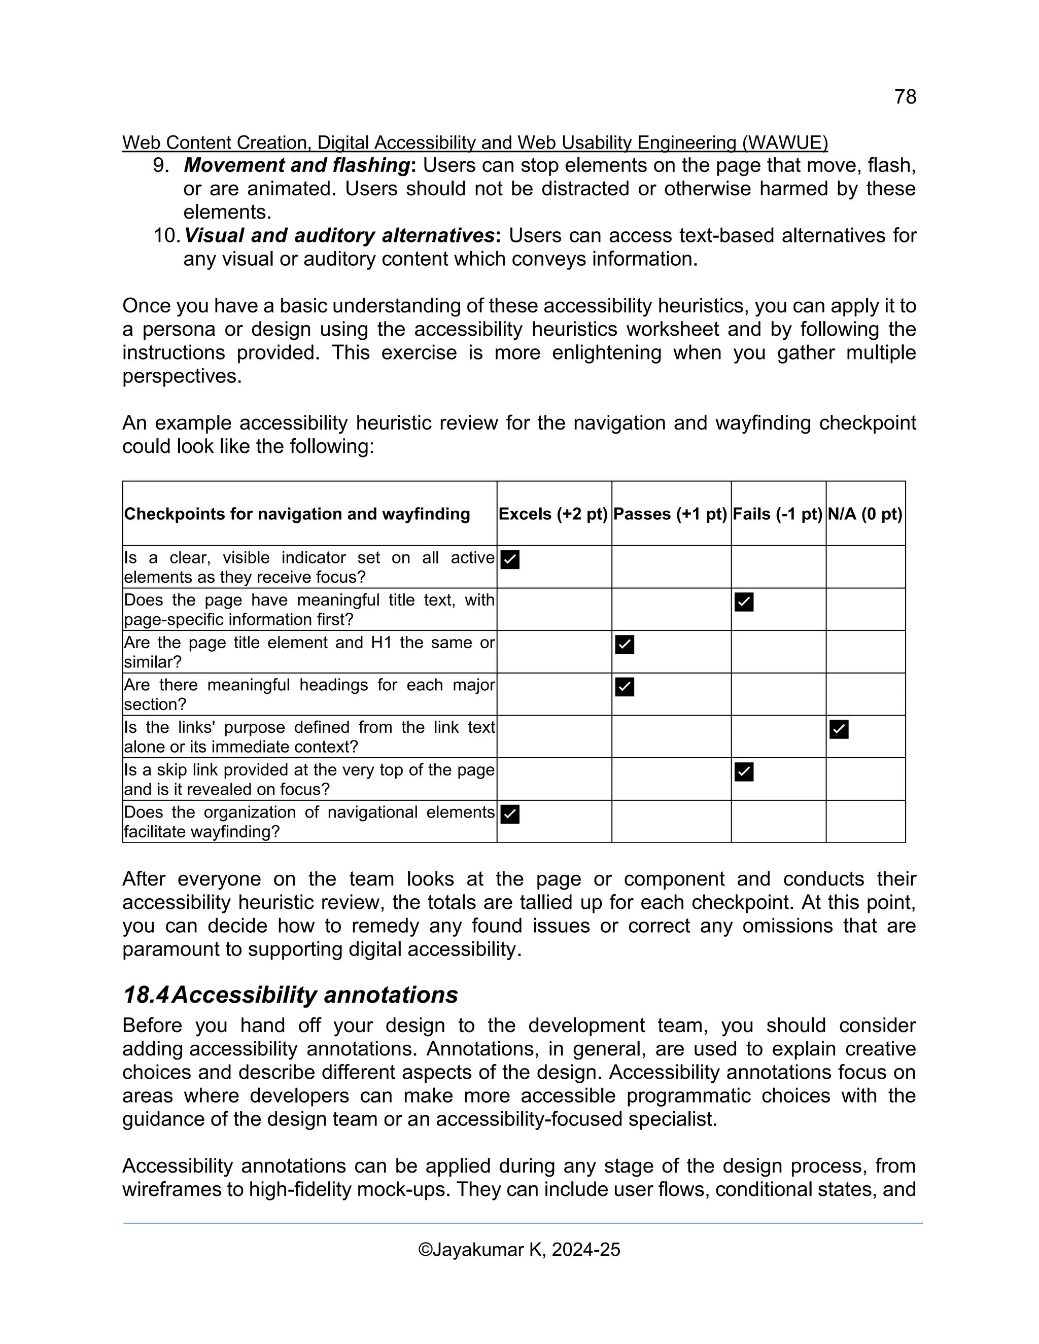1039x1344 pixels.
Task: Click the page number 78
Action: click(905, 96)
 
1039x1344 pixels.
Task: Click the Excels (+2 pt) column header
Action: click(553, 514)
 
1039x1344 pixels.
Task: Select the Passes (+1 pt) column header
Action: click(670, 514)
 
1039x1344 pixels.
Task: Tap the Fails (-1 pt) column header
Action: click(777, 514)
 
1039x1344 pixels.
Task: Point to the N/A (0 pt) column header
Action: click(865, 514)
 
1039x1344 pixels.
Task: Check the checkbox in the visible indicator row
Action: click(510, 559)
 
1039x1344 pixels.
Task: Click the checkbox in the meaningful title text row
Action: click(744, 602)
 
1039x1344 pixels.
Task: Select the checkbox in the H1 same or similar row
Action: click(624, 644)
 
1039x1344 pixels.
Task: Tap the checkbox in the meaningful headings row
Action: click(624, 687)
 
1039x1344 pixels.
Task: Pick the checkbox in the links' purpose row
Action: click(838, 729)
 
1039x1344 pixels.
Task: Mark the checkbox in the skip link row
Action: click(744, 772)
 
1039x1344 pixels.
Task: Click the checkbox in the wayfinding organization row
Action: click(510, 814)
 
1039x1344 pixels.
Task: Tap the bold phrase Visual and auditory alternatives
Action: click(339, 236)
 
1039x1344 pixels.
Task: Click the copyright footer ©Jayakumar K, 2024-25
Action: click(519, 1250)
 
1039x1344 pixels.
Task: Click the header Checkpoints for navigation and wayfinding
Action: click(297, 514)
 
